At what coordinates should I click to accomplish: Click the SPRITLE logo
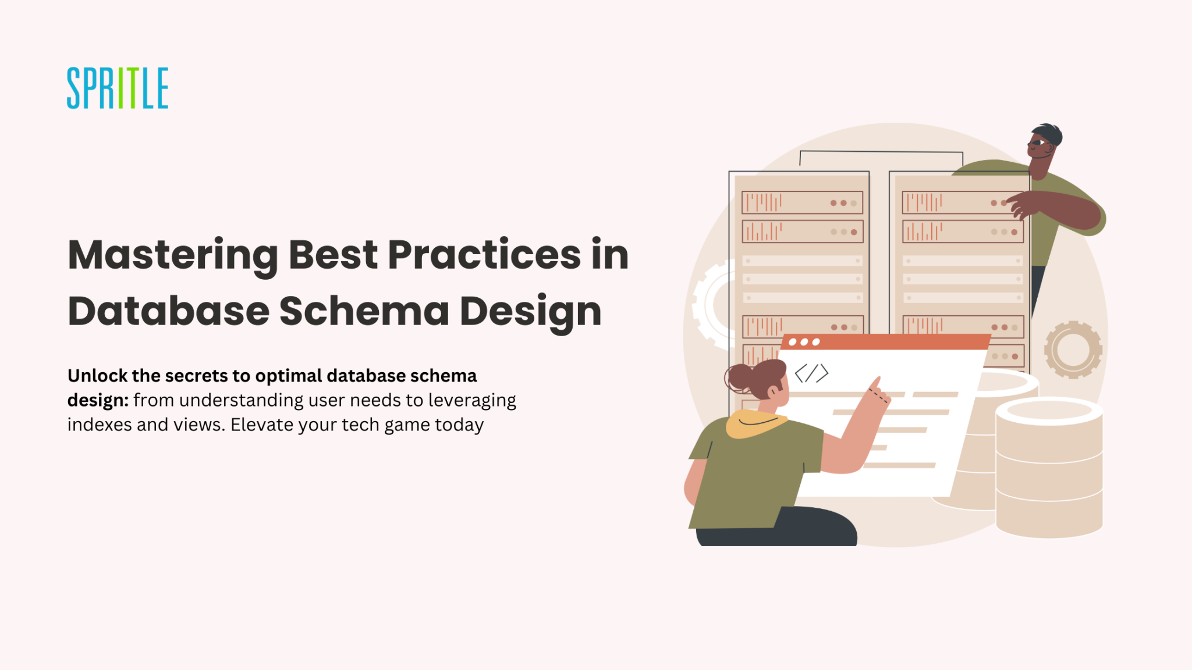click(x=118, y=88)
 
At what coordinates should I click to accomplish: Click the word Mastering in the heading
click(x=173, y=256)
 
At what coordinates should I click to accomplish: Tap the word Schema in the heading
click(x=364, y=311)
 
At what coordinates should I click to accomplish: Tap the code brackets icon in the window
click(x=811, y=373)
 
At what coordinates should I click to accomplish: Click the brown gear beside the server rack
click(x=1073, y=350)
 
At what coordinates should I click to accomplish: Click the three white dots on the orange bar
click(x=804, y=342)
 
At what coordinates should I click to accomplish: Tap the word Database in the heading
click(x=168, y=311)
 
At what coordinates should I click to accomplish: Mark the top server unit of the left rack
click(x=802, y=202)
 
